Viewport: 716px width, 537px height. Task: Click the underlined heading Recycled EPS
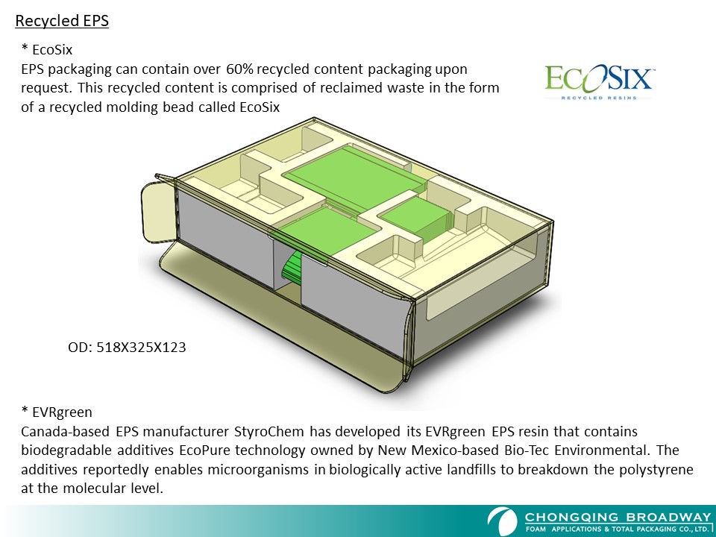tap(62, 21)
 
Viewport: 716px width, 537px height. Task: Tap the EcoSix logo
tap(599, 82)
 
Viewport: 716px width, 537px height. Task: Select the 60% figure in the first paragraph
tap(239, 69)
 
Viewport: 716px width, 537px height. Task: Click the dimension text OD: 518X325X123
tap(127, 348)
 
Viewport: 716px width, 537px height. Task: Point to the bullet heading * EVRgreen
tap(57, 412)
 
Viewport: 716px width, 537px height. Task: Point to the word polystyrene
tap(656, 469)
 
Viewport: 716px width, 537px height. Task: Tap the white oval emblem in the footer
tap(502, 521)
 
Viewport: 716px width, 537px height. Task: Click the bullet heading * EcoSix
tap(46, 49)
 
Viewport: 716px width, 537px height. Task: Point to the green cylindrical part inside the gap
tap(292, 266)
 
